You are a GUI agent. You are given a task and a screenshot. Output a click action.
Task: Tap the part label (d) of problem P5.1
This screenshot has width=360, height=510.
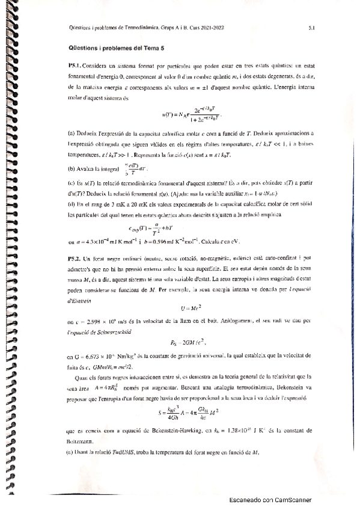point(73,205)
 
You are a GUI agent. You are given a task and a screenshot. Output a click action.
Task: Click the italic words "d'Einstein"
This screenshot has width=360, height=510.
point(81,299)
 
